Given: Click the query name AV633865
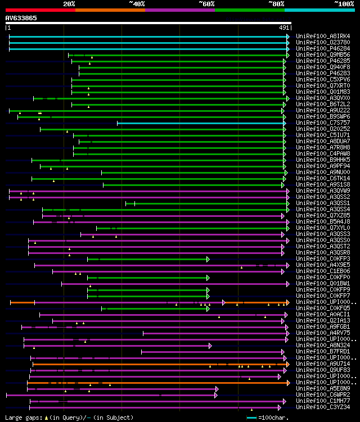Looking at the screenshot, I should coord(21,18).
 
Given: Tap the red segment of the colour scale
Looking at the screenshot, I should coord(40,10).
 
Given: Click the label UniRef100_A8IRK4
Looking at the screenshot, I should coord(323,37).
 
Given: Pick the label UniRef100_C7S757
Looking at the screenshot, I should coord(323,123).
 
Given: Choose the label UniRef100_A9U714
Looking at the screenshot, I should coord(323,364).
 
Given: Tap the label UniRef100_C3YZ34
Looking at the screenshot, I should coord(323,407).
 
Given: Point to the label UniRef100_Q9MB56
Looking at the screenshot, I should coord(323,55).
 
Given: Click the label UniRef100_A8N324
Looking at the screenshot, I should coord(323,346).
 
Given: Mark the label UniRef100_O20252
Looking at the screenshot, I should coord(323,129).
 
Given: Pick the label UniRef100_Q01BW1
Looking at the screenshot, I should coord(323,284).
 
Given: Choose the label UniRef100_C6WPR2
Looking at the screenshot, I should coord(323,395).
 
